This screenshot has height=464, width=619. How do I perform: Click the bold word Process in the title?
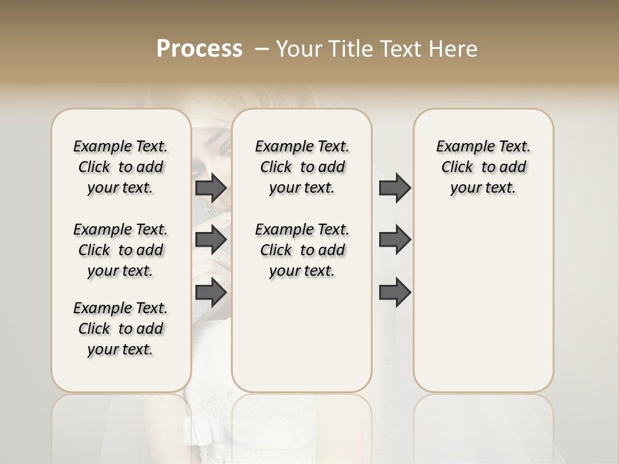click(x=199, y=49)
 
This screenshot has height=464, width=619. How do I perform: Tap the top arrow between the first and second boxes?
click(x=211, y=188)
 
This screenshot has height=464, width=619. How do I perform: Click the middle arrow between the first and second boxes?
click(x=211, y=240)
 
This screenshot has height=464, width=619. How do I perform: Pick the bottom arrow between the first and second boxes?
click(x=211, y=293)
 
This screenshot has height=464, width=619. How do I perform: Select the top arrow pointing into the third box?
click(x=395, y=188)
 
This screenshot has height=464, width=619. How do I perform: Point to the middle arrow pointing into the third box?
click(x=395, y=240)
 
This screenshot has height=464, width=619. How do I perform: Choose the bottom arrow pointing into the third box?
click(x=395, y=293)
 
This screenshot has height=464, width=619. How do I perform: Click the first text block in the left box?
click(x=121, y=167)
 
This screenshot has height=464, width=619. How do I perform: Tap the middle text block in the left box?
click(x=121, y=250)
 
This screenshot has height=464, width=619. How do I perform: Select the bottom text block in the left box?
click(x=121, y=329)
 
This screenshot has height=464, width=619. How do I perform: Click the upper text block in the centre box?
click(x=302, y=167)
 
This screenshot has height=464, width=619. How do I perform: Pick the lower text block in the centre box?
click(x=302, y=250)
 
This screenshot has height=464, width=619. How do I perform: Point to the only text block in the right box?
click(x=483, y=167)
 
